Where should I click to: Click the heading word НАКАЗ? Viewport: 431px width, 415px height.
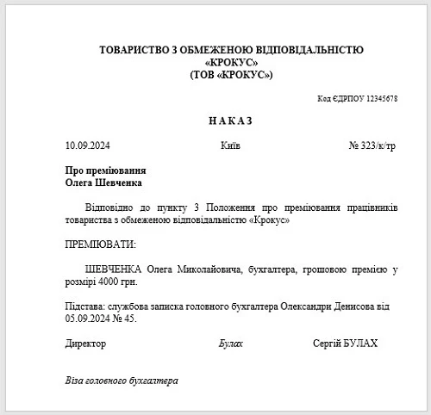[230, 121]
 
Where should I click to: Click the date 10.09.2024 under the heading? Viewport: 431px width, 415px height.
[89, 146]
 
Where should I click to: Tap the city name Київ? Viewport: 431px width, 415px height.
[230, 146]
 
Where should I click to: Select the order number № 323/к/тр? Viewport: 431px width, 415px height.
[372, 146]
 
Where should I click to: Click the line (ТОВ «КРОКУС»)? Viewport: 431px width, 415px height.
[230, 76]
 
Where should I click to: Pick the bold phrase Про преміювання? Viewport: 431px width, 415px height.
[104, 170]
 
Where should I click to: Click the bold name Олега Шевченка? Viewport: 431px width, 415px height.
[103, 183]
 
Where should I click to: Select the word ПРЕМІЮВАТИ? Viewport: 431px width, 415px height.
[101, 245]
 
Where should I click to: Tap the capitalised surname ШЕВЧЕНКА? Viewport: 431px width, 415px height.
[116, 269]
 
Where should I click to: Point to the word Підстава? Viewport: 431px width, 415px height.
[86, 307]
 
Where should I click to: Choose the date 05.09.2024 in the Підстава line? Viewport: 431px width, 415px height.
[88, 319]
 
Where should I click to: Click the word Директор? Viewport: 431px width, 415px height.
[86, 344]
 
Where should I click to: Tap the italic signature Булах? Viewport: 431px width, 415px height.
[231, 344]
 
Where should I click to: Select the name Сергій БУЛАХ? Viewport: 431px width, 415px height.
[345, 344]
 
